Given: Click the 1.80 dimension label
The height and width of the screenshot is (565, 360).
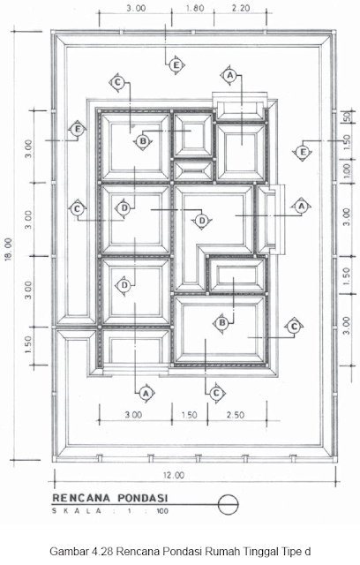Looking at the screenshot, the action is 195,8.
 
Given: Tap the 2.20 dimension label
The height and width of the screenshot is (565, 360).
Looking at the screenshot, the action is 241,8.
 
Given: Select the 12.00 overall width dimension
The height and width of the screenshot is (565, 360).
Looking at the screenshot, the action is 174,475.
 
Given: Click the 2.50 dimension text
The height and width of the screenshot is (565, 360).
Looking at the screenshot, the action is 236,415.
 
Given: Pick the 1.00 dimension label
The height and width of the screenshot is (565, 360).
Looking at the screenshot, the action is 346,171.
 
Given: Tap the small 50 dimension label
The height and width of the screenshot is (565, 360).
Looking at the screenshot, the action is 347,117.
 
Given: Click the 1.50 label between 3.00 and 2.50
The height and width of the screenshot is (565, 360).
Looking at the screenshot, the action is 189,415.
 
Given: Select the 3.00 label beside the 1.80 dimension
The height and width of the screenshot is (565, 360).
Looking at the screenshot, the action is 136,8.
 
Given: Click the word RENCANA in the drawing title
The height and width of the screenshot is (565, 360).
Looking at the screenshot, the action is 81,498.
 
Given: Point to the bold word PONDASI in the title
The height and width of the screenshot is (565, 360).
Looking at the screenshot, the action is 143,498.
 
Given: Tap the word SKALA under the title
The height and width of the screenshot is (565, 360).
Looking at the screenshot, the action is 78,511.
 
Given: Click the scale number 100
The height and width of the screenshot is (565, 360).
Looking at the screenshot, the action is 162,511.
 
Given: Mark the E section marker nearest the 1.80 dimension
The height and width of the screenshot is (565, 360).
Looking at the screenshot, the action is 176,65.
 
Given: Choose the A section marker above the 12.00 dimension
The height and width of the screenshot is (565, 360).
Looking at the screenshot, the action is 146,393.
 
